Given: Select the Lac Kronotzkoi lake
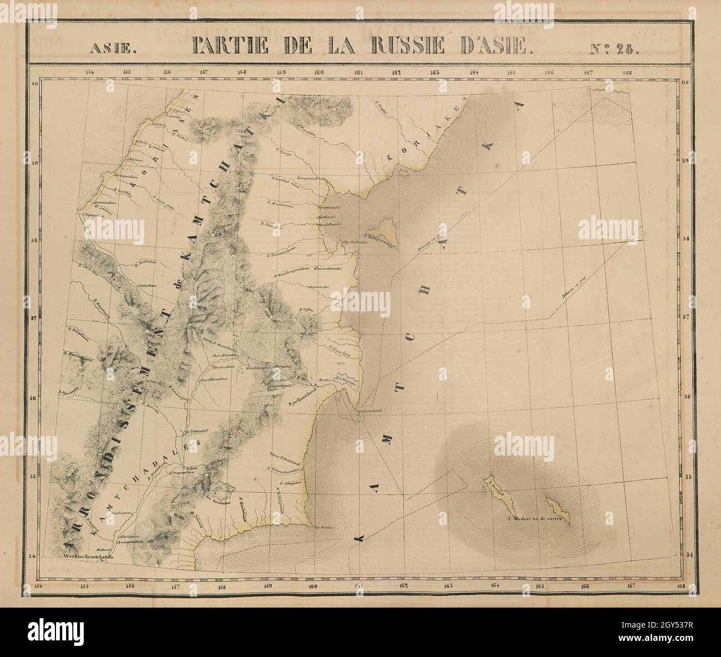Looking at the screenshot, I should [x=225, y=488].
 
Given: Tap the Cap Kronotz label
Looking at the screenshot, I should [x=325, y=528].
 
